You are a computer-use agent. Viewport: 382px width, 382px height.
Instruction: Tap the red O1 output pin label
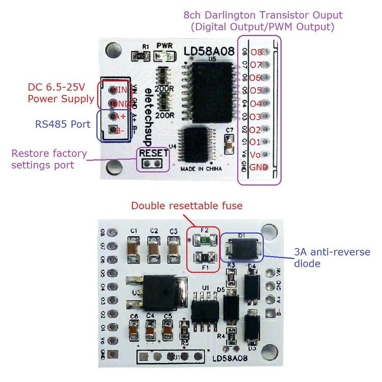click(255, 142)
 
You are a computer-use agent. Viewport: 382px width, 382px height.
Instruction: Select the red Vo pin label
click(255, 155)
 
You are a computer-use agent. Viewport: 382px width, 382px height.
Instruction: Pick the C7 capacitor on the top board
click(229, 144)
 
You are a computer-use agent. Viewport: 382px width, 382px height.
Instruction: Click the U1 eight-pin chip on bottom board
click(205, 307)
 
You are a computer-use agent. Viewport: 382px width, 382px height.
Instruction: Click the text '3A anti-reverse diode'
click(332, 257)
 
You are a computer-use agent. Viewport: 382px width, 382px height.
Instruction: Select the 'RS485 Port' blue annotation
click(63, 124)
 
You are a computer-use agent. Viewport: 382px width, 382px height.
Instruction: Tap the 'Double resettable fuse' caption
click(186, 206)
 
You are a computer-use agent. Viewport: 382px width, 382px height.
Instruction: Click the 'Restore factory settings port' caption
click(49, 159)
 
